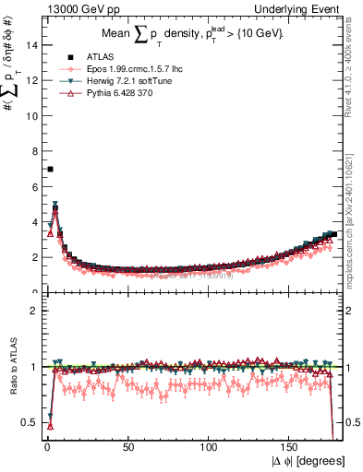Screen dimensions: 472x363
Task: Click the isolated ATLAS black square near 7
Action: pyautogui.click(x=50, y=169)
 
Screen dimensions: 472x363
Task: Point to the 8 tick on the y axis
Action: pyautogui.click(x=35, y=151)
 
